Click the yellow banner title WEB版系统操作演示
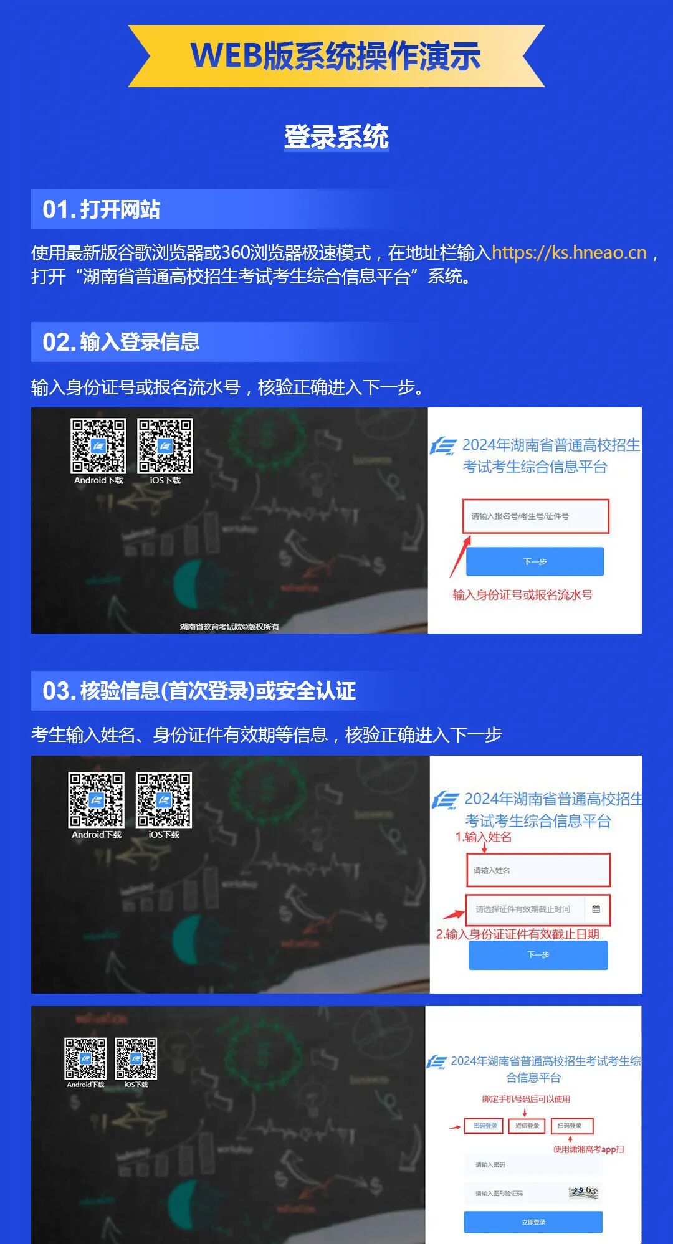coord(336,56)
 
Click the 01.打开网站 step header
coord(102,209)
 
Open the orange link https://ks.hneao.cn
coord(569,252)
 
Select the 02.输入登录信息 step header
coord(121,342)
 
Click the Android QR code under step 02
coord(98,446)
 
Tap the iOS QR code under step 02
coord(165,446)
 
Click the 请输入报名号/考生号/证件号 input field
coord(535,516)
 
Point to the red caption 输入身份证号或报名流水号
coord(522,595)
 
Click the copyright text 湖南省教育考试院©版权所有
coord(229,627)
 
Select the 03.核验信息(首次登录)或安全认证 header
coord(199,691)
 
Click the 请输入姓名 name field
coord(538,870)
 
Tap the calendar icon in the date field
coord(596,909)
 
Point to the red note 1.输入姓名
coord(484,837)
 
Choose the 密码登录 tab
coord(485,1126)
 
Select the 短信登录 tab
coord(527,1126)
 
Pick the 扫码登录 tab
coord(570,1126)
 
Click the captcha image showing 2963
coord(584,1192)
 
